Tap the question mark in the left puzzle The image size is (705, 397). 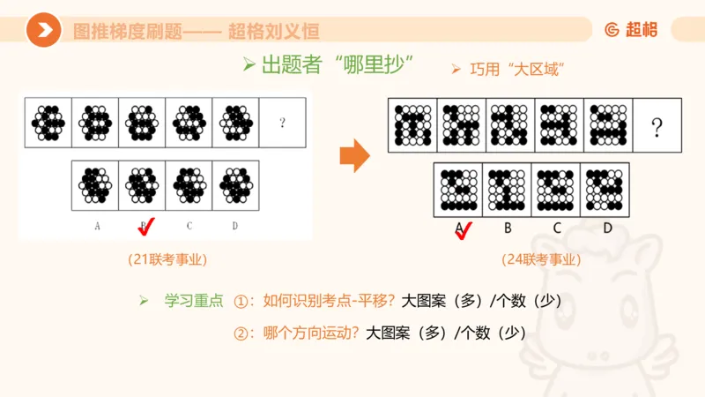tap(282, 123)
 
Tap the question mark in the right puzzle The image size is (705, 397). tap(656, 129)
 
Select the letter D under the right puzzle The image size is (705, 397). tap(607, 228)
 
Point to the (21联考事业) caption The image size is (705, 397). tap(167, 259)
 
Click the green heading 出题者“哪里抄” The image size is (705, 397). tap(328, 65)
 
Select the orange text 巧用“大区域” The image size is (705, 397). tap(507, 69)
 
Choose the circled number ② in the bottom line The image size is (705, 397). tap(241, 333)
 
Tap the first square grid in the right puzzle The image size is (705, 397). tap(412, 125)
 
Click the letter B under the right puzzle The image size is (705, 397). tap(508, 228)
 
